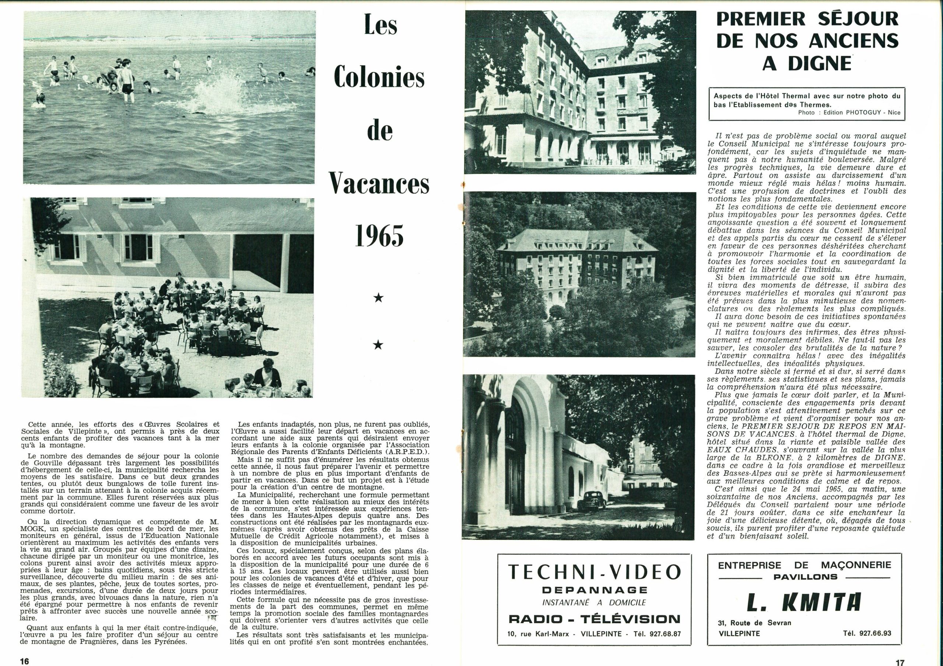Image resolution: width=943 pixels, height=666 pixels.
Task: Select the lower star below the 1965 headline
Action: (x=378, y=345)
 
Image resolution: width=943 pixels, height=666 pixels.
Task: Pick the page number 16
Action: (x=24, y=661)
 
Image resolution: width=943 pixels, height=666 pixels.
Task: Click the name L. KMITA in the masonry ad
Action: (x=804, y=603)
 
